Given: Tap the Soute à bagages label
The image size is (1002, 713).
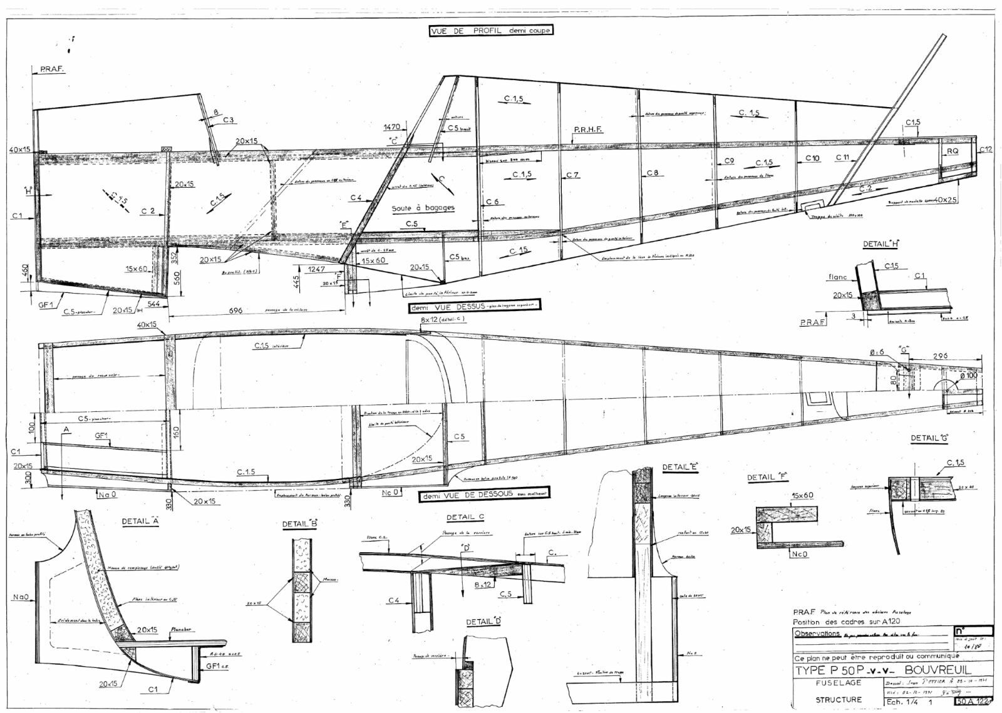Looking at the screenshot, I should (x=423, y=208).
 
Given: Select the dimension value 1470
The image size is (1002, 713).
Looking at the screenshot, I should (x=392, y=127).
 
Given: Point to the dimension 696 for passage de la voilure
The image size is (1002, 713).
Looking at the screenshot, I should (x=235, y=310).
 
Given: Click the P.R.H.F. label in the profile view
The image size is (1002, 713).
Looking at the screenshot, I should (x=587, y=130).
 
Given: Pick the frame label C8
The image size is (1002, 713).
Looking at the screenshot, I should (x=653, y=173).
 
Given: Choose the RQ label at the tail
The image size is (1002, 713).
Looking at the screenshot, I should (x=952, y=151).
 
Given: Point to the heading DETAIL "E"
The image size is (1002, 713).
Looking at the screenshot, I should (x=679, y=467).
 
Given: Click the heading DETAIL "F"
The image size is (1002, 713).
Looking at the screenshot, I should (x=767, y=478).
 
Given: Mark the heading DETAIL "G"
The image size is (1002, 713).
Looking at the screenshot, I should (x=929, y=438).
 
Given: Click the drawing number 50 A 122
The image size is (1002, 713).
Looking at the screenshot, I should (x=974, y=702).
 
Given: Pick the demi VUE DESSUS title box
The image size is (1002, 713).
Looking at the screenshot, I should (x=474, y=307).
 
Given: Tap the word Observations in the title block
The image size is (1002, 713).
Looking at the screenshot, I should (x=817, y=633).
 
